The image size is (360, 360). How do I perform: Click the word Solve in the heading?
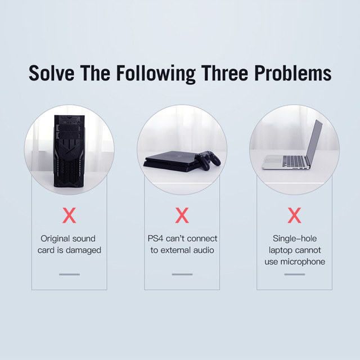(x=51, y=73)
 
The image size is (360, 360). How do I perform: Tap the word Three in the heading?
(x=225, y=73)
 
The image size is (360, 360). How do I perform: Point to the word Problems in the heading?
(x=293, y=73)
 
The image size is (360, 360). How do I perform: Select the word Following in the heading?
(x=156, y=74)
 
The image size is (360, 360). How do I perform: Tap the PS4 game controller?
(x=207, y=160)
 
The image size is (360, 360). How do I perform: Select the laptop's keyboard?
(x=294, y=161)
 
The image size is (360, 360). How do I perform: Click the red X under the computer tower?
(x=69, y=215)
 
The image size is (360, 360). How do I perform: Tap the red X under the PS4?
(x=182, y=215)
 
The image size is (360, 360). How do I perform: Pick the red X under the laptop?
(x=294, y=215)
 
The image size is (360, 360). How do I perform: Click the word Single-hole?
(x=295, y=238)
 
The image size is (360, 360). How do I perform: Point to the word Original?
(x=55, y=238)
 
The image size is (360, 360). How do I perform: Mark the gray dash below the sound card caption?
(x=69, y=274)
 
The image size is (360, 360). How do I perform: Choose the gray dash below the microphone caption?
(x=295, y=274)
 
